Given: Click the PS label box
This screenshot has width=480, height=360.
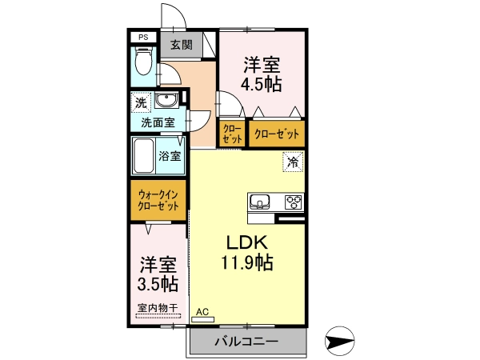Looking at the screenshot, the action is click(143, 38).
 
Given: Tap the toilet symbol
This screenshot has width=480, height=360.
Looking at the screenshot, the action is click(143, 62).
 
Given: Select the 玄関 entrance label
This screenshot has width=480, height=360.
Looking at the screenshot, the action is click(182, 45).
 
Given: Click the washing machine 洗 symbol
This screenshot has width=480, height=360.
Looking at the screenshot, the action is click(141, 102).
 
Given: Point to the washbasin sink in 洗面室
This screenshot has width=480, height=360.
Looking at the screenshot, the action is click(166, 100).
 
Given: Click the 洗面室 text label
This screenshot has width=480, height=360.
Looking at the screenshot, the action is click(158, 122).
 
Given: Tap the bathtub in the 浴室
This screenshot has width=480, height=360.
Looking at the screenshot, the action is click(144, 156).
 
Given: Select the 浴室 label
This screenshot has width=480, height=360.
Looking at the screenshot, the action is click(170, 156).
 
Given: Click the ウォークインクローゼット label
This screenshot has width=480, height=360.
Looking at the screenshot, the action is click(158, 200).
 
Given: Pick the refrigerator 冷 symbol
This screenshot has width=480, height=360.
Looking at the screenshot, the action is click(293, 162).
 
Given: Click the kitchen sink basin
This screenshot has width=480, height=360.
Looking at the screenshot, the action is click(259, 201).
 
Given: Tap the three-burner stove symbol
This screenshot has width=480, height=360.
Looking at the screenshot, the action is click(294, 202).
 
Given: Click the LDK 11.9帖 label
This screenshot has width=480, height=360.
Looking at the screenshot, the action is click(247, 253).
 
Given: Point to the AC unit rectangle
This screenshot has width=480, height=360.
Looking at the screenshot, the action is click(202, 319).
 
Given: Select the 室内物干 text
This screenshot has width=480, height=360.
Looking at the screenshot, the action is click(158, 307).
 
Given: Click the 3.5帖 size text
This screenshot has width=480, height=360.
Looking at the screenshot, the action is click(158, 285).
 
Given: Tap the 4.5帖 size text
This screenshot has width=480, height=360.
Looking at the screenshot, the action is click(261, 84).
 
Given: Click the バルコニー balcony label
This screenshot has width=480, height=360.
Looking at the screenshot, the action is click(246, 341).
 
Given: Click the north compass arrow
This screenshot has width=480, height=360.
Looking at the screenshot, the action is click(339, 341).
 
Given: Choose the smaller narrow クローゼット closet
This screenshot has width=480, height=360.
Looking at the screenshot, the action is click(232, 134).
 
